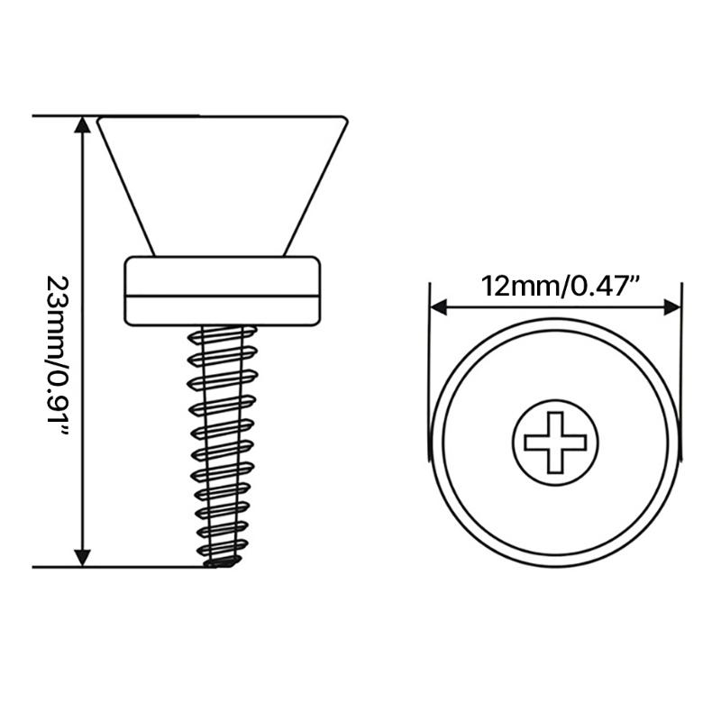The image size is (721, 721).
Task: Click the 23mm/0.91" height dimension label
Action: pyautogui.click(x=59, y=356)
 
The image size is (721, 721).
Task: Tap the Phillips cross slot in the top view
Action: pyautogui.click(x=555, y=443)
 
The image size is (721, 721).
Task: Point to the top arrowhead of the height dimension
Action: pyautogui.click(x=82, y=124)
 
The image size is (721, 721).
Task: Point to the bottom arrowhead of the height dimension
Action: pyautogui.click(x=82, y=558)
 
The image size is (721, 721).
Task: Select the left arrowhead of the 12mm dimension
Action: pyautogui.click(x=438, y=307)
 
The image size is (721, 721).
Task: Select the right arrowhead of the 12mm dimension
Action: pyautogui.click(x=672, y=307)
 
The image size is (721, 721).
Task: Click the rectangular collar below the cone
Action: pyautogui.click(x=223, y=291)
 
